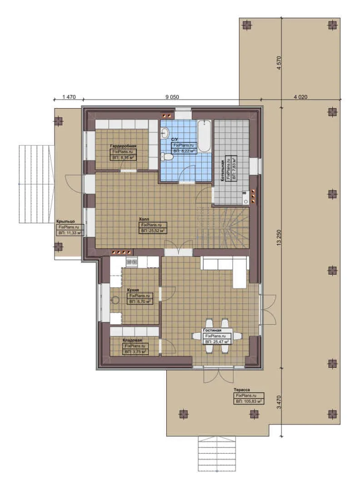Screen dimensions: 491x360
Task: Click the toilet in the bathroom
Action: click(168, 156)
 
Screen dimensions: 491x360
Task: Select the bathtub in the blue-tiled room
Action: click(204, 136)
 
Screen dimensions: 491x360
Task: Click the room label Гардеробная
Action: click(123, 146)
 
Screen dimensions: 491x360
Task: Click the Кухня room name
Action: click(133, 290)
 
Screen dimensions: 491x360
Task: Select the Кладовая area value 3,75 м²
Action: click(135, 351)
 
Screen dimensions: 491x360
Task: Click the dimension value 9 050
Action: click(172, 97)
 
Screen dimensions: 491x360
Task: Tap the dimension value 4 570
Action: click(279, 63)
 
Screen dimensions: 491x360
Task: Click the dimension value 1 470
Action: click(68, 97)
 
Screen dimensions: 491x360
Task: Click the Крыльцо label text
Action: click(66, 221)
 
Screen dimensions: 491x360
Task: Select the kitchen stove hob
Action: click(132, 262)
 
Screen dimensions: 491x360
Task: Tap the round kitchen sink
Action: click(115, 300)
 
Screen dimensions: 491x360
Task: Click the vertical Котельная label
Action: click(222, 171)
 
